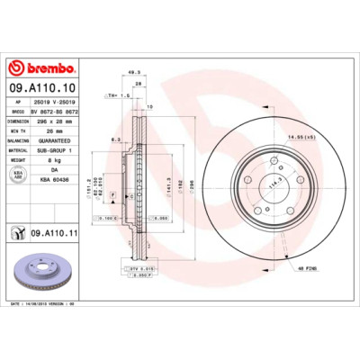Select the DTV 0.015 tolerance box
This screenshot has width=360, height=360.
pos(134,267)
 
